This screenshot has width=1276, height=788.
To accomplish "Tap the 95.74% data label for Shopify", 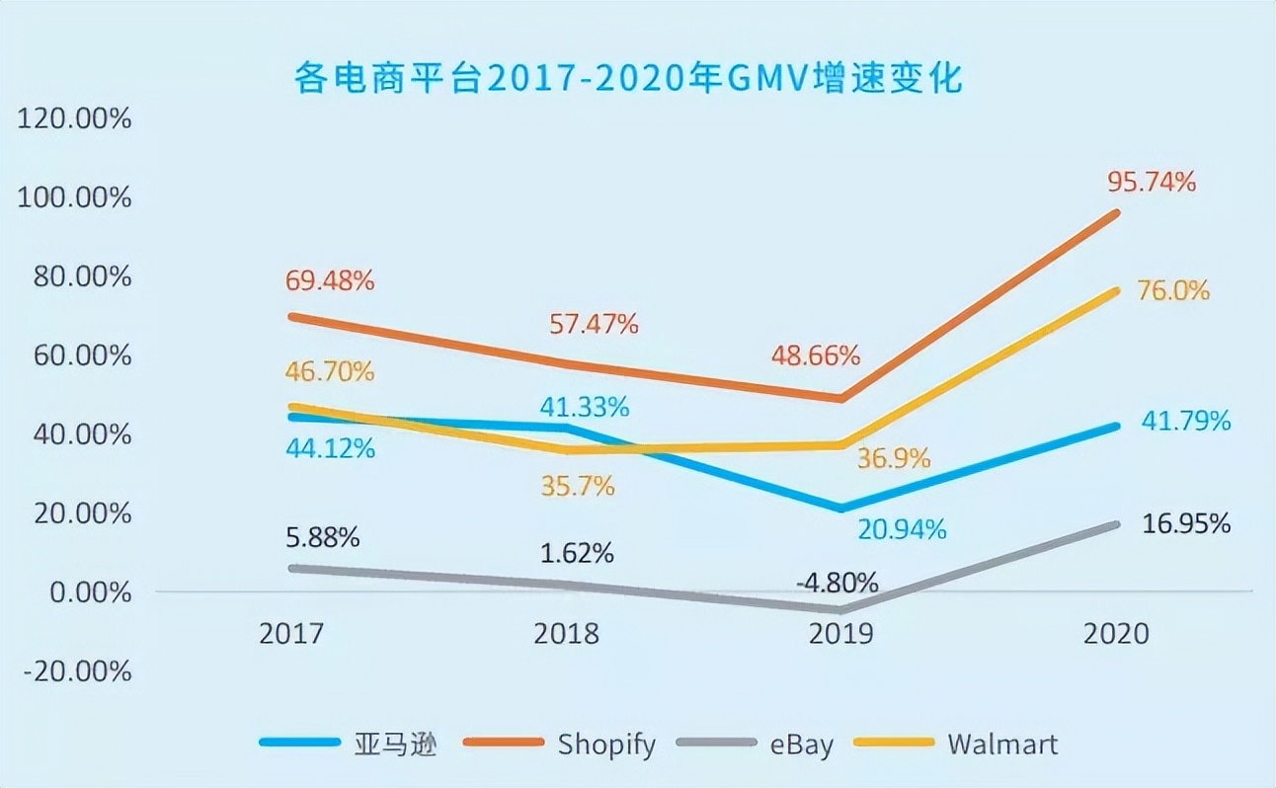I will coord(1152,182).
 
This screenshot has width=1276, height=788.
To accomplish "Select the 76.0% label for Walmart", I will coord(1174,291).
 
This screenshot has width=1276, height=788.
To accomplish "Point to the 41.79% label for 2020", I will coord(1186,422).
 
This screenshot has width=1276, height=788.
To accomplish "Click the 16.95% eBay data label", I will coord(1186,523).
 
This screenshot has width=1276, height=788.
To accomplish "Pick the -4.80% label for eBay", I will coord(837,580).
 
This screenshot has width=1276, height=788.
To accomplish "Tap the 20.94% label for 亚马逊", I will coord(902,530).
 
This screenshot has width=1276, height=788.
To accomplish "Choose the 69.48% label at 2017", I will coord(330,280).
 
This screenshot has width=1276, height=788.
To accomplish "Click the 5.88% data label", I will coord(322,538).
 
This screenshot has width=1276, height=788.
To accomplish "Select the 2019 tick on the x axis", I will coord(840,633).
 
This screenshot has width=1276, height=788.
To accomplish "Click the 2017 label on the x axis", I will coord(290,633).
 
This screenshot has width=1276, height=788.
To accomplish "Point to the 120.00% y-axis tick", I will coord(75,119).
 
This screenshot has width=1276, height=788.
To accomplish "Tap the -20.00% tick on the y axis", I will coord(75,671).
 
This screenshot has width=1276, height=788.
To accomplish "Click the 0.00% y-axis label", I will coord(83,592).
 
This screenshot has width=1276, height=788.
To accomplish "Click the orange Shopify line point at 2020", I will coord(1116,213).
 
